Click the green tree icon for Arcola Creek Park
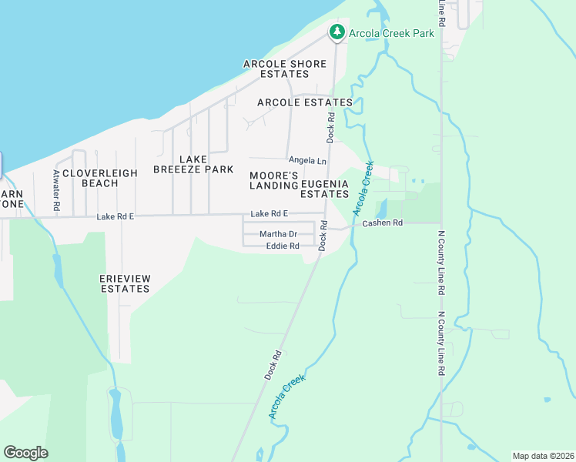tap(336, 32)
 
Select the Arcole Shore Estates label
tap(284, 69)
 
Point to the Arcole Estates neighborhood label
tap(305, 102)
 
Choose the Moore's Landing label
tap(274, 180)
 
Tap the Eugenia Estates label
tap(325, 189)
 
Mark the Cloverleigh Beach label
tap(100, 178)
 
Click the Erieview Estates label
tap(124, 283)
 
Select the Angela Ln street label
tap(307, 160)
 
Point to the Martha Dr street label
tap(278, 234)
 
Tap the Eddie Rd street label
tap(282, 246)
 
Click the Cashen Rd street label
tap(383, 223)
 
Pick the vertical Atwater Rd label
tap(56, 191)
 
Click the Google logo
tap(25, 452)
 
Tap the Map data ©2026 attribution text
tap(543, 455)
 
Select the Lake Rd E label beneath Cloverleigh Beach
tap(116, 217)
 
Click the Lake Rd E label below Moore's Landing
tap(269, 213)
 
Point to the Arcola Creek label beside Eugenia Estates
tap(363, 188)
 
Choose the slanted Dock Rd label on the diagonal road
tap(273, 365)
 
